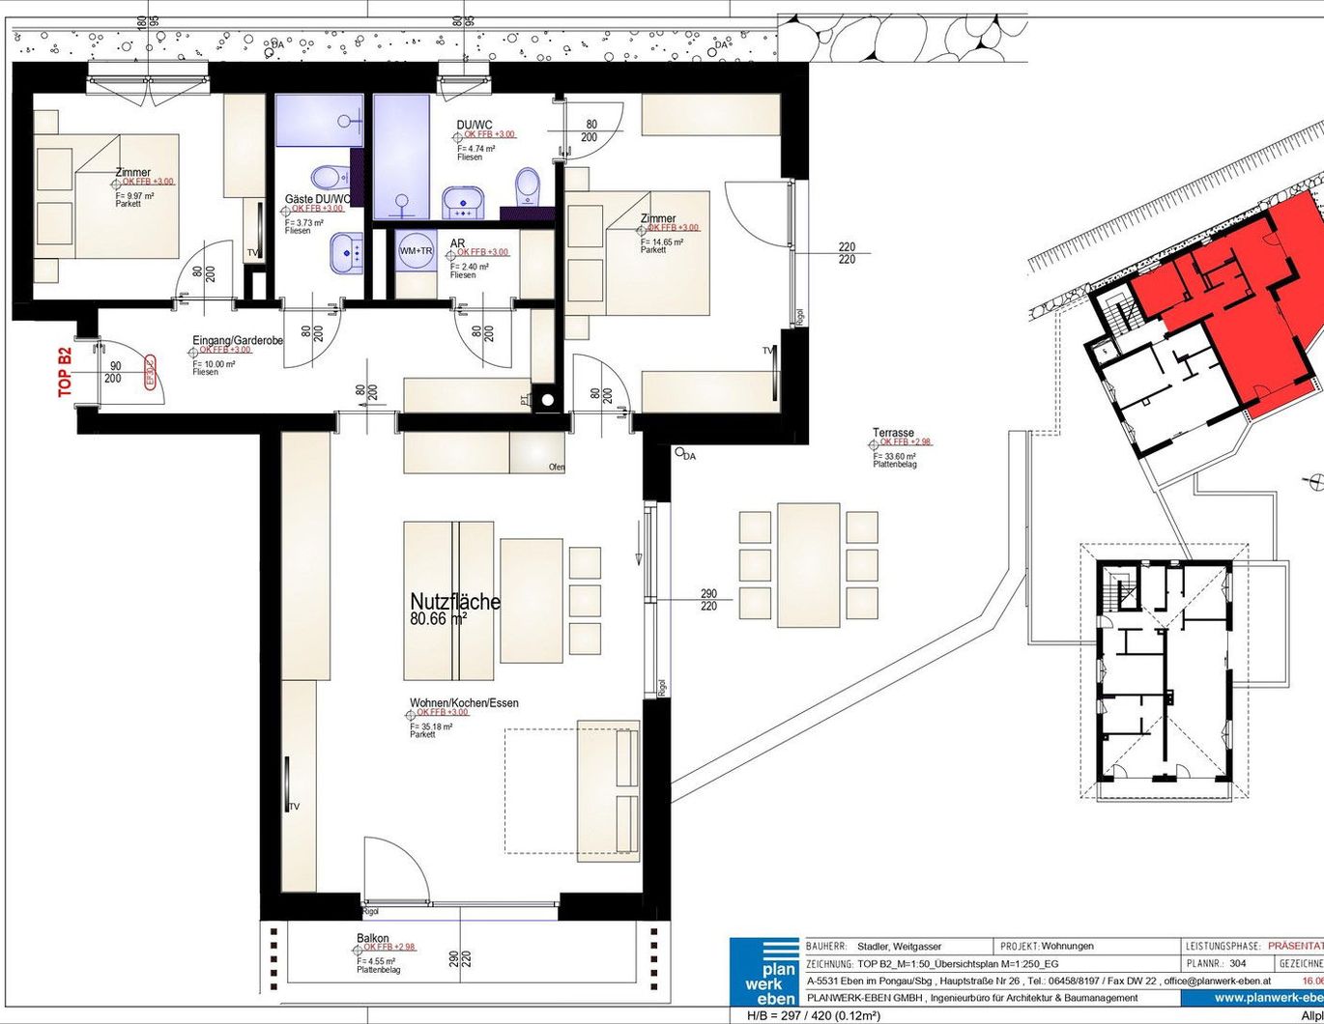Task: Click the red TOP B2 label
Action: (66, 372)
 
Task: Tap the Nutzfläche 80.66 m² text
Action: (455, 610)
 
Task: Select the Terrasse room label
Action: (893, 434)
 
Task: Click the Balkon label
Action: (373, 938)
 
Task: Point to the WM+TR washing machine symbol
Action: (416, 251)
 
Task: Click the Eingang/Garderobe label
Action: (238, 341)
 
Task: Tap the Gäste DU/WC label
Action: (314, 199)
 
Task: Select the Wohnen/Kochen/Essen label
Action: (464, 703)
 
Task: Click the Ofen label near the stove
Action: (557, 468)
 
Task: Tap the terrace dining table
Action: (808, 564)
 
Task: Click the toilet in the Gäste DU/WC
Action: (329, 177)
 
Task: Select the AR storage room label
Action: (457, 243)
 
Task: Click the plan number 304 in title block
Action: (1239, 964)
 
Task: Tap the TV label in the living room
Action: (294, 807)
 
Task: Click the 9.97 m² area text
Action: (134, 195)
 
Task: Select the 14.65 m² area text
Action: (662, 242)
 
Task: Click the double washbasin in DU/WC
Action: (466, 203)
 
